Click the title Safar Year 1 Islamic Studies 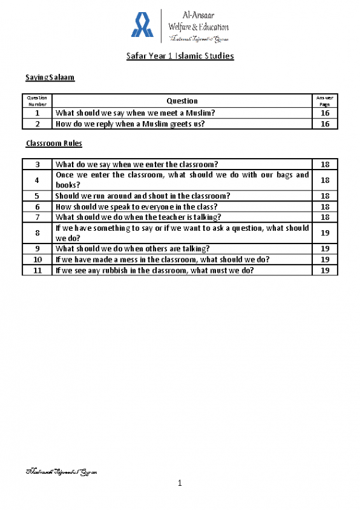click(x=180, y=56)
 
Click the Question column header click(x=182, y=101)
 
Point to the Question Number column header click(x=38, y=101)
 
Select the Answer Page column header click(x=325, y=101)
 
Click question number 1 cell click(x=38, y=113)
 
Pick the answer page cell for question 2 click(x=325, y=124)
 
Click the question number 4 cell click(x=38, y=180)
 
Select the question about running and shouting click(x=143, y=196)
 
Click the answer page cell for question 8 click(x=325, y=233)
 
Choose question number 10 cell click(x=38, y=259)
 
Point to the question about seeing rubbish click(x=155, y=270)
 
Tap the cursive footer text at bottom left click(x=60, y=472)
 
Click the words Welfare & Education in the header click(x=198, y=27)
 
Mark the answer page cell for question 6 click(x=325, y=207)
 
